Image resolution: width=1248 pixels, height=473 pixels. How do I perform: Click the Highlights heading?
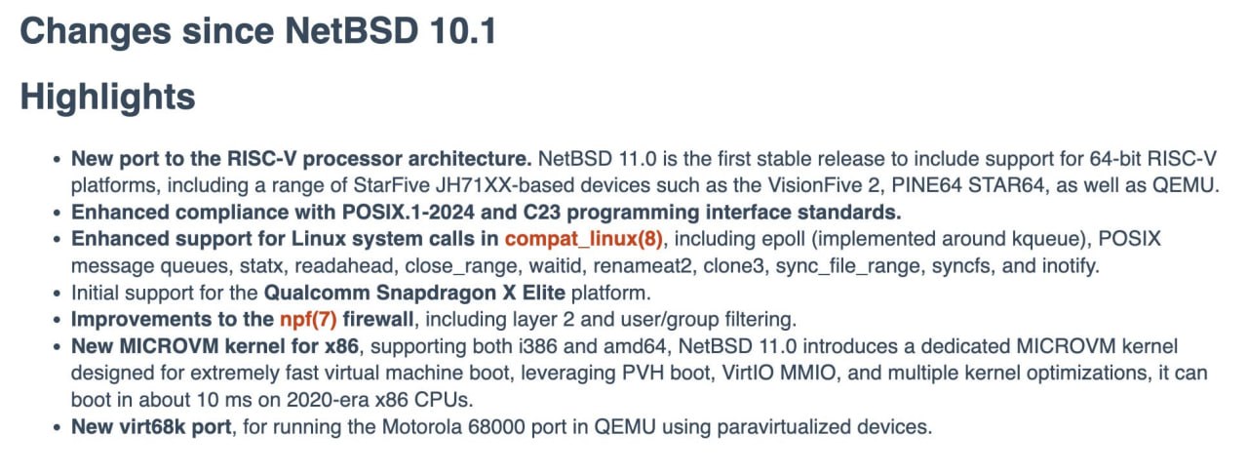coord(107,98)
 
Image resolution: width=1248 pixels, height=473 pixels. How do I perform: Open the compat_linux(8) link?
coord(584,239)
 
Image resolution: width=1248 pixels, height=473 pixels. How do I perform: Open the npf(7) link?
coord(308,320)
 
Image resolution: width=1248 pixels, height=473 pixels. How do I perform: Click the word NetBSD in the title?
coord(352,30)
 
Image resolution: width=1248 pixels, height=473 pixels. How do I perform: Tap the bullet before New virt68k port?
coord(57,428)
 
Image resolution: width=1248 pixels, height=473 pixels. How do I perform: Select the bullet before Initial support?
coord(57,294)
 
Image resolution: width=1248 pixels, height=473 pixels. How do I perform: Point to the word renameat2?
coord(643,265)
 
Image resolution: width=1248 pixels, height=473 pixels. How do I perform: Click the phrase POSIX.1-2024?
coord(409,213)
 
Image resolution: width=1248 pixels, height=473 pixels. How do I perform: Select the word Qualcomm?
coord(317,293)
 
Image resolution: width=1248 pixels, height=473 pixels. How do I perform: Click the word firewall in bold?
coord(377,320)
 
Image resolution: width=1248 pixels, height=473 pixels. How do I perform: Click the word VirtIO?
coord(748,373)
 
